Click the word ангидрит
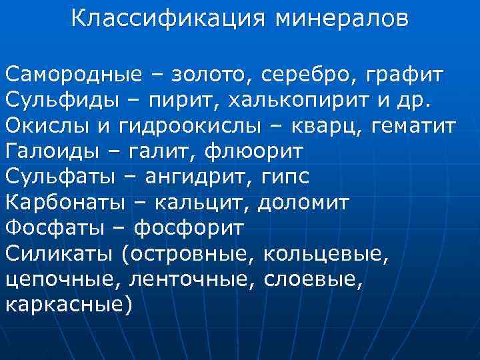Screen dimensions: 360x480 point(213,177)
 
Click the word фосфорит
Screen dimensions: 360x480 point(189,227)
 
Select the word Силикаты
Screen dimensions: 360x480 point(61,253)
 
